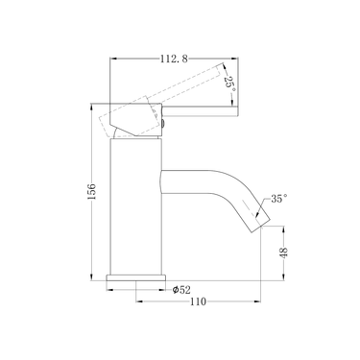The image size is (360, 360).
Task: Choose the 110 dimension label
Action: click(x=199, y=304)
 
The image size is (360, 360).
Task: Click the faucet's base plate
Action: click(x=133, y=280)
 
